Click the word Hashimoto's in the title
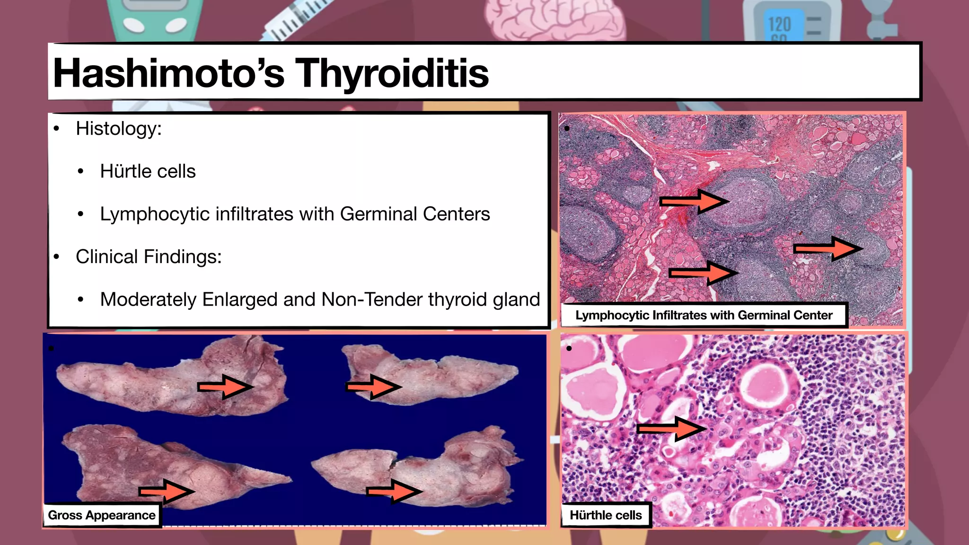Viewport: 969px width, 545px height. pos(168,73)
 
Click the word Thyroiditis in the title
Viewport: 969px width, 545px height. pos(392,73)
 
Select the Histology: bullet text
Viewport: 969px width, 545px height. pos(119,129)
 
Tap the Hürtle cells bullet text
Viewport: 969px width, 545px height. pos(148,171)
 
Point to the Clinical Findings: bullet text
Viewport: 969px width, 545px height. pos(149,257)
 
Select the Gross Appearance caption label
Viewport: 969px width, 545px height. pos(102,515)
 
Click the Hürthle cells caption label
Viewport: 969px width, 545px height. pos(606,515)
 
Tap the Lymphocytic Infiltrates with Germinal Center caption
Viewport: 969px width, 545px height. pos(704,316)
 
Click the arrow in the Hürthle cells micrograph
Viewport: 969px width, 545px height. pos(672,429)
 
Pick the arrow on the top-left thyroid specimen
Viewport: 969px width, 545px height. pos(225,387)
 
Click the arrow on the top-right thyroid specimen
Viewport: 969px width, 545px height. pos(373,387)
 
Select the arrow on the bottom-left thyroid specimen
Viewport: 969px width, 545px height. pos(167,492)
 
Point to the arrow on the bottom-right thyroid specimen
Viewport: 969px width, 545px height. pos(394,492)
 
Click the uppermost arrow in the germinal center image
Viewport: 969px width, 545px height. pos(694,202)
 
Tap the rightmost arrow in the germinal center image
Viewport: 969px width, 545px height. pos(828,248)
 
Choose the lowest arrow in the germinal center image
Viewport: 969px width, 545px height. pos(703,273)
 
